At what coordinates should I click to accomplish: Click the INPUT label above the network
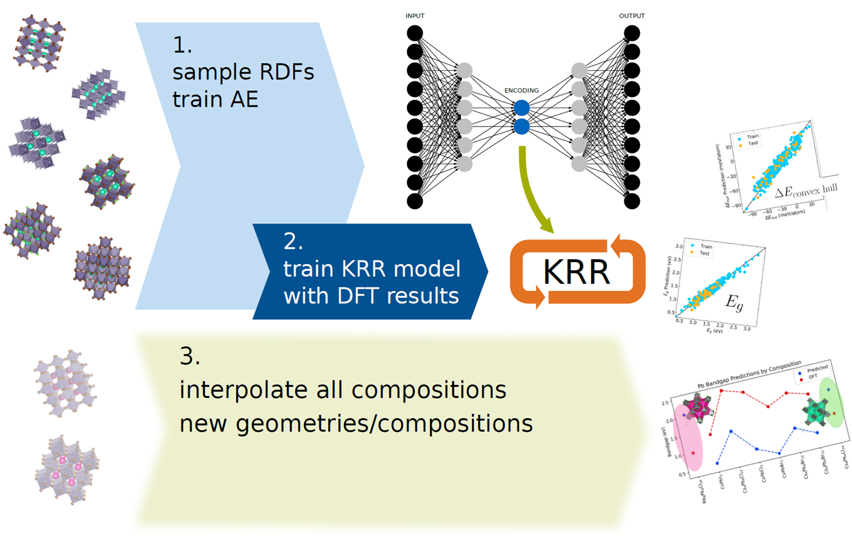point(415,16)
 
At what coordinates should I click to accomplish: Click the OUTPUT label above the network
point(632,16)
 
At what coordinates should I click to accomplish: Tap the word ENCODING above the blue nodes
point(521,91)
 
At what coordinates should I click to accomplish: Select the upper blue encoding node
point(521,108)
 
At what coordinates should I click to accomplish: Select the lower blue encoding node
point(521,127)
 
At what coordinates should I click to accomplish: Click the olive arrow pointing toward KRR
point(531,191)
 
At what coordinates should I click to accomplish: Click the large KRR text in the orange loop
point(576,272)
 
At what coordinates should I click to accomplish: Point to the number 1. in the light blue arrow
point(182,45)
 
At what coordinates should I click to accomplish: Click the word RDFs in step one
point(286,72)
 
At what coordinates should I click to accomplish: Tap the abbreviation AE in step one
point(244,99)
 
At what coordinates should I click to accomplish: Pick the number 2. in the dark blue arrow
point(293,241)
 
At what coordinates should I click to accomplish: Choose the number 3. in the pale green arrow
point(189,356)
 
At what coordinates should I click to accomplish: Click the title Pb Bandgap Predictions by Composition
point(749,374)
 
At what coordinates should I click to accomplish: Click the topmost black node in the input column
point(415,33)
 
